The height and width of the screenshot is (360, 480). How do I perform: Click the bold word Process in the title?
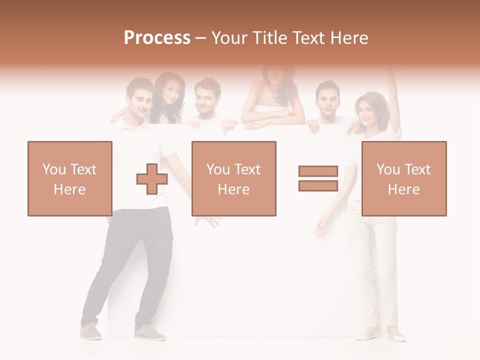(x=157, y=38)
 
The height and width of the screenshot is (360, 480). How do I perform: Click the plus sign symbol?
(x=151, y=179)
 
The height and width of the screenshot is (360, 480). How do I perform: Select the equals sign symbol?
(x=318, y=178)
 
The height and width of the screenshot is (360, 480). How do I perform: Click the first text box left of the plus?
(x=70, y=178)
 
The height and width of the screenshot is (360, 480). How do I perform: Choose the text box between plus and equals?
(x=233, y=178)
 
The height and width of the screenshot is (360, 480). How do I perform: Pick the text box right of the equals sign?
(x=403, y=178)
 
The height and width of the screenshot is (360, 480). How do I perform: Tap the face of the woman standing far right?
(x=367, y=112)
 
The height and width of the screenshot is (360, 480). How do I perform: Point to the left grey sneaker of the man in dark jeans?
(x=91, y=331)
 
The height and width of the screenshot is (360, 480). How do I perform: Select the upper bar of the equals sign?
(x=318, y=171)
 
